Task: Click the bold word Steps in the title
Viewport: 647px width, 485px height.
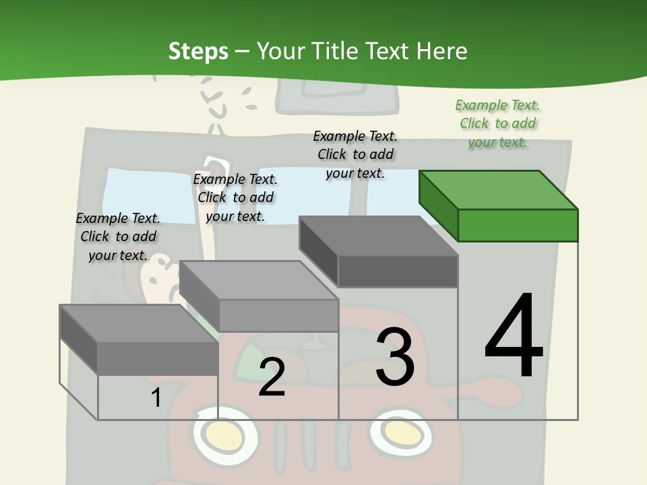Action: click(198, 52)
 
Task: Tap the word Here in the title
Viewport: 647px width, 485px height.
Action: click(441, 51)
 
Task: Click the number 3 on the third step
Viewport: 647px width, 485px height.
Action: click(395, 356)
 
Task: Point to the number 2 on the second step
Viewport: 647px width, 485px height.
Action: click(272, 377)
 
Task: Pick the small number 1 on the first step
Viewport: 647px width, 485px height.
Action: click(156, 397)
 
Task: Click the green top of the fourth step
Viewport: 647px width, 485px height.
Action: click(499, 190)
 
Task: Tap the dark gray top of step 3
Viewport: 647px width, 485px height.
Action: click(378, 236)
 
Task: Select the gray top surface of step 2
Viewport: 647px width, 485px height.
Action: click(259, 280)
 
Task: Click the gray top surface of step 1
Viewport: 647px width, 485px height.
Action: click(139, 324)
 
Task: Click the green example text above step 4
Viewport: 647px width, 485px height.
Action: click(497, 123)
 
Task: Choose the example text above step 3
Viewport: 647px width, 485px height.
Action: click(355, 154)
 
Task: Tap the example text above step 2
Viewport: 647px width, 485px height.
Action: click(235, 197)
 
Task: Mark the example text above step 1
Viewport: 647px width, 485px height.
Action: click(118, 236)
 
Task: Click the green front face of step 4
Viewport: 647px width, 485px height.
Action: click(518, 225)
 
